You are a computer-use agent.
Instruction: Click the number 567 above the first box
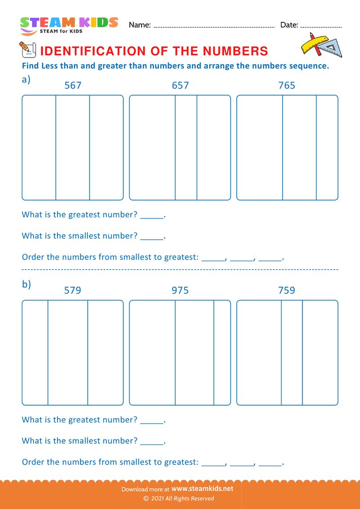coord(73,86)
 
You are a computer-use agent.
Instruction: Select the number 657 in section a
coord(180,86)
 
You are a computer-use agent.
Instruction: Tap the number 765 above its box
coord(287,86)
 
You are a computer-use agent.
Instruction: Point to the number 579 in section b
coord(72,291)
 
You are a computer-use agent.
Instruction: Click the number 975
coord(180,291)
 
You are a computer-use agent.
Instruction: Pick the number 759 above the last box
coord(287,291)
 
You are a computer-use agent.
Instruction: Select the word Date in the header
coord(289,25)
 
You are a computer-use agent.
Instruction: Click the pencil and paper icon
coord(26,49)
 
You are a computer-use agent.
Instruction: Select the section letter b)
coord(26,285)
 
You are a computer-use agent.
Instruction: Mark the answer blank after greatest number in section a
coord(152,216)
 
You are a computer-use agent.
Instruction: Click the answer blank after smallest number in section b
coord(152,442)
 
